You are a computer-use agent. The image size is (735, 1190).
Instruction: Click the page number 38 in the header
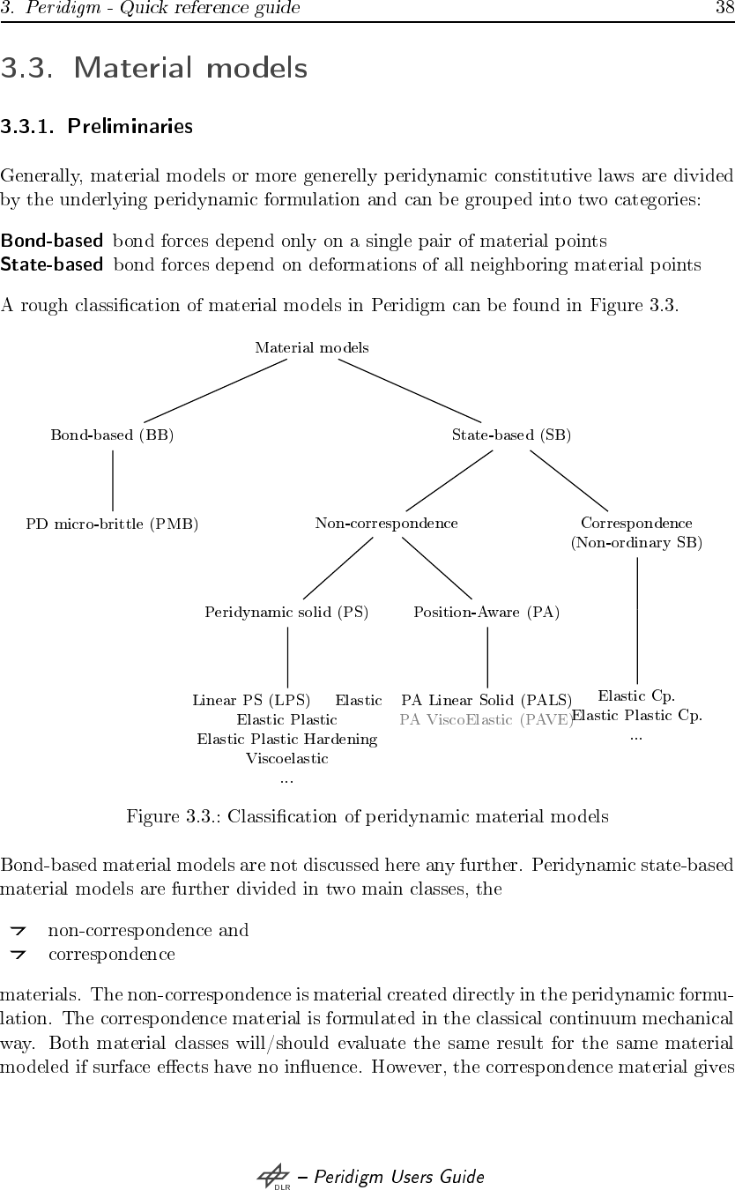click(x=724, y=9)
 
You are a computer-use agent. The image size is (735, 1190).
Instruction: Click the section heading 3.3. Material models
click(x=154, y=68)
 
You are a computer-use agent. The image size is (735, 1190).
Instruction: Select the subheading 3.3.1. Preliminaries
click(x=96, y=127)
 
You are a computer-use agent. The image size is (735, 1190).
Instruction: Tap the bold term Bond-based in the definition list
click(x=51, y=241)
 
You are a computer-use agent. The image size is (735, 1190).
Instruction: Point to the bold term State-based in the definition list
click(x=51, y=264)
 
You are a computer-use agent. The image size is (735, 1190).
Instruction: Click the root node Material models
click(x=312, y=348)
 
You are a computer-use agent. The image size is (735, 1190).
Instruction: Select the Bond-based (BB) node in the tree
click(x=112, y=435)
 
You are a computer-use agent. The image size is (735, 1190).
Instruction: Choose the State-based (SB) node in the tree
click(x=511, y=435)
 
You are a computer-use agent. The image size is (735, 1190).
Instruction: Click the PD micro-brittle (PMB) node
click(x=112, y=524)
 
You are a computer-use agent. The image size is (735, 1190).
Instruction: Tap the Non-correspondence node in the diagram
click(x=386, y=524)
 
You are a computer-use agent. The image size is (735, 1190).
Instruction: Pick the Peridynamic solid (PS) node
click(x=286, y=612)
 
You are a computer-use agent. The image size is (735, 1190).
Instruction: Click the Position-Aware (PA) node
click(x=486, y=612)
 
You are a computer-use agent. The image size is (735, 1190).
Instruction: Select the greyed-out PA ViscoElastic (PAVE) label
click(x=486, y=720)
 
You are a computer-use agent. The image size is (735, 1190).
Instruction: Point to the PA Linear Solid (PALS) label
click(x=486, y=701)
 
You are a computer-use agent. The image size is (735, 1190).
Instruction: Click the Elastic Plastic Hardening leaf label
click(x=286, y=740)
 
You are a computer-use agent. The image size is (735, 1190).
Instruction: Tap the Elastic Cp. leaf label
click(x=636, y=696)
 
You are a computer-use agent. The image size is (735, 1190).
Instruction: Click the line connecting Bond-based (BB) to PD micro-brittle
click(x=112, y=480)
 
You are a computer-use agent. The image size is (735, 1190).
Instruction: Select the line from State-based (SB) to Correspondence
click(x=569, y=480)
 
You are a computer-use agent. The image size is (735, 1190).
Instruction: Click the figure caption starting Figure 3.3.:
click(x=367, y=816)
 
